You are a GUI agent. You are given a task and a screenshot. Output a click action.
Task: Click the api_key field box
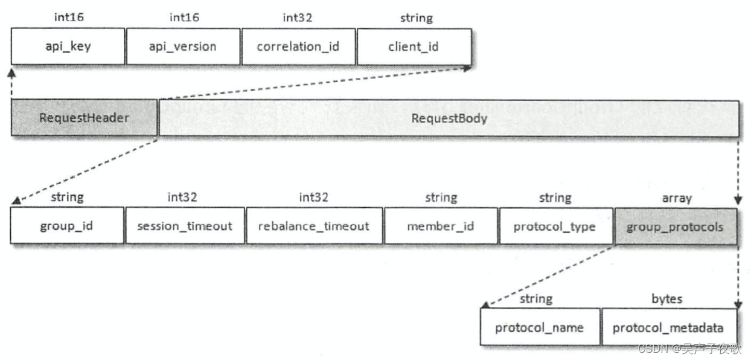click(x=68, y=46)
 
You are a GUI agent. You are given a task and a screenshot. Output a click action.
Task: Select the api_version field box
click(x=182, y=46)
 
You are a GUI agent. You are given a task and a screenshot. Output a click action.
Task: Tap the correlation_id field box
click(x=298, y=46)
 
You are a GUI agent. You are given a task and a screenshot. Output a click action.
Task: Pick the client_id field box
click(x=414, y=46)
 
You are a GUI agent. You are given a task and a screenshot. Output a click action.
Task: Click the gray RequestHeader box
click(x=84, y=118)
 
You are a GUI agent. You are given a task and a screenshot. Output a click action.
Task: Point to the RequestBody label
click(x=449, y=118)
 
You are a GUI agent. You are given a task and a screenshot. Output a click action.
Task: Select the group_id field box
click(x=66, y=227)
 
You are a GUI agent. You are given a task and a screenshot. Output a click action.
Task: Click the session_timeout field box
click(x=185, y=227)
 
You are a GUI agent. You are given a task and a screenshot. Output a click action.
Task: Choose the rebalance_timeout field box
click(x=314, y=227)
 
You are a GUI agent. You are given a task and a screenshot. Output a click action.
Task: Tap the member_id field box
click(x=441, y=227)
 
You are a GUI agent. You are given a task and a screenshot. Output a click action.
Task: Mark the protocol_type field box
click(x=555, y=227)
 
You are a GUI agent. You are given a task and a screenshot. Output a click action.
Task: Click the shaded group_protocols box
click(x=676, y=227)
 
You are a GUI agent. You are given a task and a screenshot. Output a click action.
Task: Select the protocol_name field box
click(x=540, y=327)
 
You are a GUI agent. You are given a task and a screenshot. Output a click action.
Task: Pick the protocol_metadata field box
click(x=668, y=327)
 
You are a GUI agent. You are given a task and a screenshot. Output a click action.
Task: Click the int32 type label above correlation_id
click(x=297, y=18)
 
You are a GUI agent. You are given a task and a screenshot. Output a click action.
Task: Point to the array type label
click(x=677, y=198)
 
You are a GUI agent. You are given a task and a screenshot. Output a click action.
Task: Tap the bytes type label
click(x=666, y=298)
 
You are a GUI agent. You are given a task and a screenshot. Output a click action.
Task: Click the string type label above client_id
click(x=416, y=18)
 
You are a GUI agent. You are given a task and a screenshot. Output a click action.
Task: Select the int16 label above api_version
click(x=184, y=18)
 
